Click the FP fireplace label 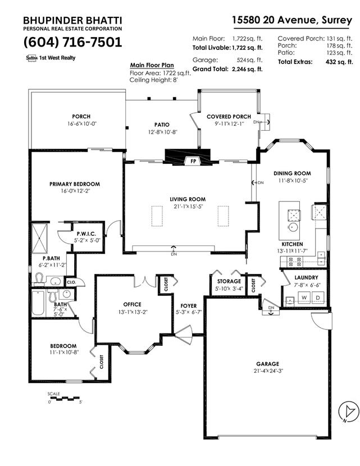pyautogui.click(x=194, y=161)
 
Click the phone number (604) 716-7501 pyautogui.click(x=72, y=42)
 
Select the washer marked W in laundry pyautogui.click(x=303, y=298)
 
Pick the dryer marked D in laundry pyautogui.click(x=317, y=298)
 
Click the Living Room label pyautogui.click(x=188, y=199)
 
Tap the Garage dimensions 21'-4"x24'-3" pyautogui.click(x=267, y=371)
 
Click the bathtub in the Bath pyautogui.click(x=38, y=303)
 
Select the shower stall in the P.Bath pyautogui.click(x=39, y=238)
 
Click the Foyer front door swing pyautogui.click(x=184, y=335)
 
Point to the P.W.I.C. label pyautogui.click(x=86, y=234)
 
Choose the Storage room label pyautogui.click(x=229, y=281)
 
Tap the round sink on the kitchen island pyautogui.click(x=293, y=227)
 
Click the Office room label pyautogui.click(x=133, y=304)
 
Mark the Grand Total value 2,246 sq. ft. pyautogui.click(x=247, y=69)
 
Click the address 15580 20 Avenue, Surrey pyautogui.click(x=292, y=20)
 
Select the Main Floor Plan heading pyautogui.click(x=152, y=65)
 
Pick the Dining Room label pyautogui.click(x=292, y=173)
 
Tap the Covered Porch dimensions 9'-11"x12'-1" pyautogui.click(x=229, y=124)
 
